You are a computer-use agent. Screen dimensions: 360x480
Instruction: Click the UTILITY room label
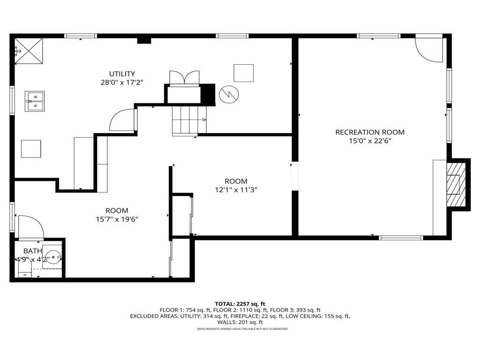122,74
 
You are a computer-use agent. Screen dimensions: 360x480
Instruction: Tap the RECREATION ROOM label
369,132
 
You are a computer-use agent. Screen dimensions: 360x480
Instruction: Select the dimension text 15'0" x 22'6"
369,141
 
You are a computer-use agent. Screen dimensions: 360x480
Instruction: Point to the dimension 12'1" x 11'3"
236,190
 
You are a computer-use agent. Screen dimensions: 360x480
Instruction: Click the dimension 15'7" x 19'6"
117,219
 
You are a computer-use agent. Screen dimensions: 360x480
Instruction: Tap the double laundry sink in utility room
35,101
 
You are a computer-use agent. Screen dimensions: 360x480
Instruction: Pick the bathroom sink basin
52,256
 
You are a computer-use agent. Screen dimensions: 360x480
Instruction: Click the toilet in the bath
24,269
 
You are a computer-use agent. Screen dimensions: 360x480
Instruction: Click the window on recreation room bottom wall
400,238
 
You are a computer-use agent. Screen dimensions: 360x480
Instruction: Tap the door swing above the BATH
30,227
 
